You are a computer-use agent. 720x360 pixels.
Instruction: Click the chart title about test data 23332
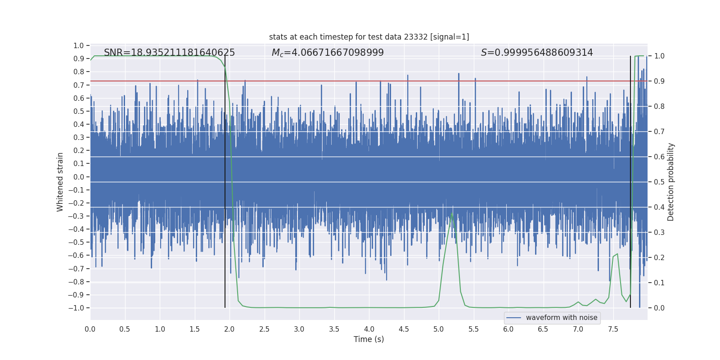click(369, 37)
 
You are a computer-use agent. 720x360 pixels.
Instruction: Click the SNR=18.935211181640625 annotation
click(169, 53)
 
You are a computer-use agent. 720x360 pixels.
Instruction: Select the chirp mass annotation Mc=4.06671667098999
click(328, 53)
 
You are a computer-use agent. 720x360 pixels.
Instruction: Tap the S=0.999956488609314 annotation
click(537, 53)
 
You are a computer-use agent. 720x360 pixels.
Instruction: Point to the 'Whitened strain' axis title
click(60, 182)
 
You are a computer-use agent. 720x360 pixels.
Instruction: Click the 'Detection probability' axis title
click(671, 182)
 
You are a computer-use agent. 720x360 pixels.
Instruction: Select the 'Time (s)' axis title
click(369, 339)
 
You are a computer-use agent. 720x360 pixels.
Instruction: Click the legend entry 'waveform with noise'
click(561, 318)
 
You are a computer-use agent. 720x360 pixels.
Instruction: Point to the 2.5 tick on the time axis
click(264, 329)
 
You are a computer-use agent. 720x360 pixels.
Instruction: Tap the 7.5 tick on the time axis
click(613, 329)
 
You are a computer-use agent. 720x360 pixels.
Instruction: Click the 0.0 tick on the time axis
click(90, 329)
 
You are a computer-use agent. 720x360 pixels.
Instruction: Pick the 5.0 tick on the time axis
click(439, 329)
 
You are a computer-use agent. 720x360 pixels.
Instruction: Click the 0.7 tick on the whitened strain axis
click(79, 85)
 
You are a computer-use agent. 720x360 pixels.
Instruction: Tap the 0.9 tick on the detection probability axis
click(659, 81)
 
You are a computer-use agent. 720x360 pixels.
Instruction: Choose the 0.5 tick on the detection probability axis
click(659, 182)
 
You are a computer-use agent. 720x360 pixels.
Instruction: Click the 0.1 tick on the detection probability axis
click(659, 283)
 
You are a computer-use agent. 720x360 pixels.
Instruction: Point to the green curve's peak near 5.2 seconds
click(452, 213)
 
